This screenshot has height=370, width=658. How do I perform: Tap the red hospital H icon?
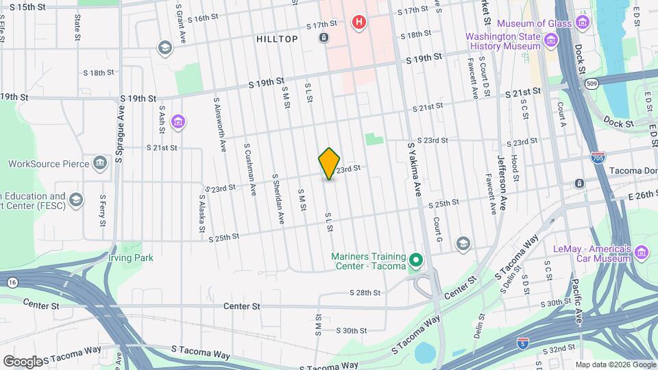pos(358,23)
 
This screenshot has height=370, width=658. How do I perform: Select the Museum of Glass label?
pos(535,24)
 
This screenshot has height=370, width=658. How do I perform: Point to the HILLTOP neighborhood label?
pos(277,39)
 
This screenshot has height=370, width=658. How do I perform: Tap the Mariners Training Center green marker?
pos(415,260)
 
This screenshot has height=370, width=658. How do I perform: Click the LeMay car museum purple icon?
pos(642,252)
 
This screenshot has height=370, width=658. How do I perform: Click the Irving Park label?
pos(130,258)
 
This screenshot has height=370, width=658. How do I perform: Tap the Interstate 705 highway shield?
pos(597,158)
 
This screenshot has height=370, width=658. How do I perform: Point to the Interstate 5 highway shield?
pos(523,341)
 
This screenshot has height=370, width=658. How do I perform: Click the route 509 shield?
pos(590,84)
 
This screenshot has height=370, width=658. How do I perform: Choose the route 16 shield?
pos(12,282)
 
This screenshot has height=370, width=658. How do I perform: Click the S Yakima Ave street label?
pos(415,171)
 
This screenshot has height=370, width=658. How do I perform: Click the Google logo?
pos(22,361)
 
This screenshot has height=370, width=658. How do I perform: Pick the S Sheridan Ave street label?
pos(277,199)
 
